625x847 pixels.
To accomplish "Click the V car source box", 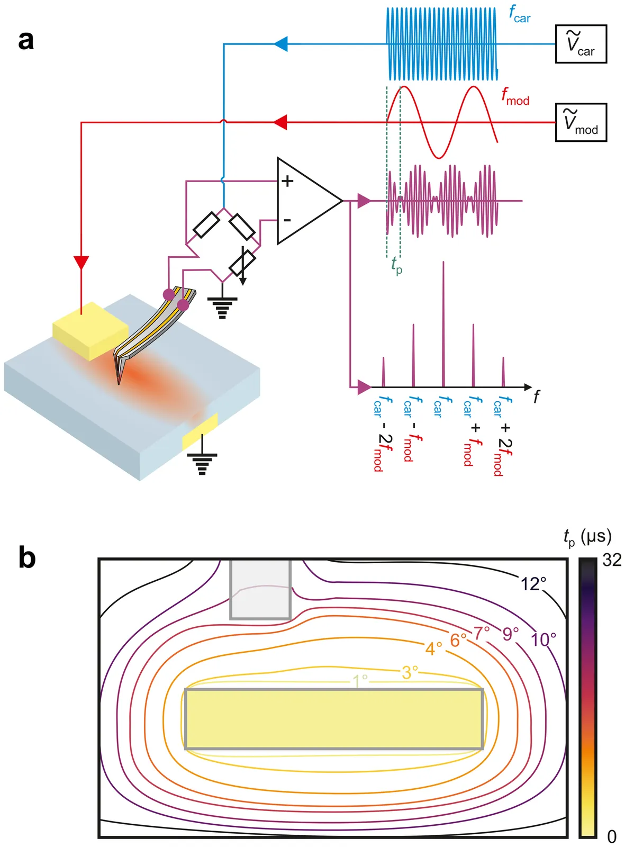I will click(x=581, y=44).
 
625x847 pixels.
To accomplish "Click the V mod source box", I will click(x=581, y=122).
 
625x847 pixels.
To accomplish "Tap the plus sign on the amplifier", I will click(x=287, y=181).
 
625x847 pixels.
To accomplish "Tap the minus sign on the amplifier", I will click(x=287, y=220).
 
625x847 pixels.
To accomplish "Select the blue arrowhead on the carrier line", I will click(x=281, y=44).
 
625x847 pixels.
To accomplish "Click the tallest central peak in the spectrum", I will click(x=443, y=323).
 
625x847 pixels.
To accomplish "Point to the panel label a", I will click(x=26, y=40).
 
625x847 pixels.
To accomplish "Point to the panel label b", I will click(x=26, y=558).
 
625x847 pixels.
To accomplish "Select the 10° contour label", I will click(x=544, y=640).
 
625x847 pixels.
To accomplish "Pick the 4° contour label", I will click(x=433, y=648).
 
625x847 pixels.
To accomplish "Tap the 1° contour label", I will click(x=360, y=680).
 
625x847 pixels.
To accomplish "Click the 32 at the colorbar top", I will click(x=612, y=560).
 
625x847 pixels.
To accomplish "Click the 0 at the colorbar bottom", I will click(x=612, y=836).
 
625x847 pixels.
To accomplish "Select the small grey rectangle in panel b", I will click(x=260, y=589).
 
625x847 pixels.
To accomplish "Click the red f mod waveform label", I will click(x=515, y=97).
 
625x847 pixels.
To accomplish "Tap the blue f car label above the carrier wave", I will click(x=519, y=14).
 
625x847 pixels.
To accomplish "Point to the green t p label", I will click(x=396, y=264).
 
